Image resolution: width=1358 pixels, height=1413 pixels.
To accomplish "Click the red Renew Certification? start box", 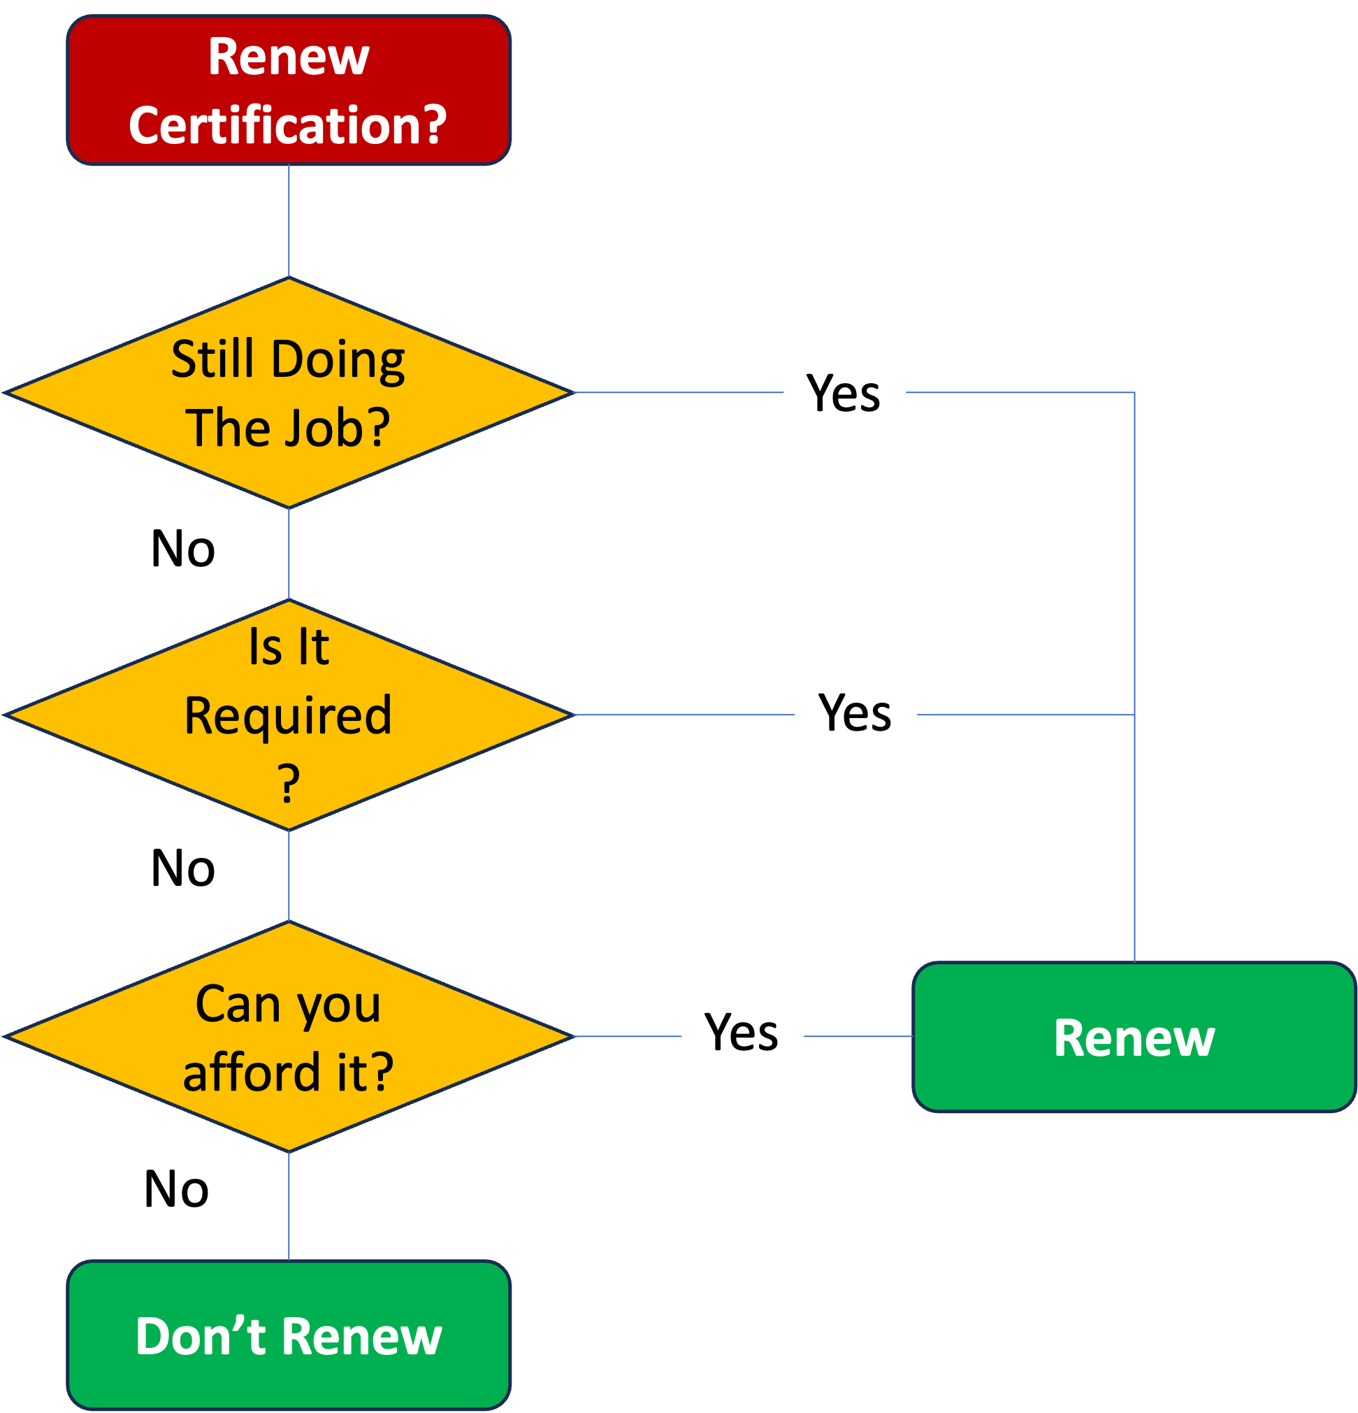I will (x=289, y=90).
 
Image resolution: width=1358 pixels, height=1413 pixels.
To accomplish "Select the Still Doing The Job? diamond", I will (x=289, y=392).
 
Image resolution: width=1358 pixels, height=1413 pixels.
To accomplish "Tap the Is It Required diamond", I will (x=289, y=715).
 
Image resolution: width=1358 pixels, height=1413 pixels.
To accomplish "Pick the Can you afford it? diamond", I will (x=289, y=1036).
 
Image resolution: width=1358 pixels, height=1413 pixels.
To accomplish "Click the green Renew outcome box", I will (x=1134, y=1038).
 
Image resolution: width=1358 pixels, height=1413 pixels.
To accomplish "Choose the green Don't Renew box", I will (x=289, y=1335).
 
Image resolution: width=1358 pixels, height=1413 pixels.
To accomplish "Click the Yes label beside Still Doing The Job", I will (x=844, y=392).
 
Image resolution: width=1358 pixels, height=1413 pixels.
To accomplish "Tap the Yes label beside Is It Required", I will (x=855, y=712).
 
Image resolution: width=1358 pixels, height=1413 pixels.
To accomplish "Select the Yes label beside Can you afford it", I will (x=742, y=1031).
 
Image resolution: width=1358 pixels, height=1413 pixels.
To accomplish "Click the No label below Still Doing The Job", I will (x=183, y=548).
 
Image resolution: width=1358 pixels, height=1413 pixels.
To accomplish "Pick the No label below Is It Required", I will (x=183, y=866).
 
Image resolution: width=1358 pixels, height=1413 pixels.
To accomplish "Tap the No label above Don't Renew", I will (x=177, y=1187).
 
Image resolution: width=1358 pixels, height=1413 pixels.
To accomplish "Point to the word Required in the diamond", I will (x=289, y=715).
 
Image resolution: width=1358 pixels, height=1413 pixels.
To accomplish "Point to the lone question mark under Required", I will (x=289, y=783).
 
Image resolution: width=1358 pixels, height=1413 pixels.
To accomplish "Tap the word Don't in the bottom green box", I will (x=201, y=1336).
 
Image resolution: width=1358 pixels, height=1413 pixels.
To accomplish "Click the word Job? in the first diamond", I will (x=338, y=427).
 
